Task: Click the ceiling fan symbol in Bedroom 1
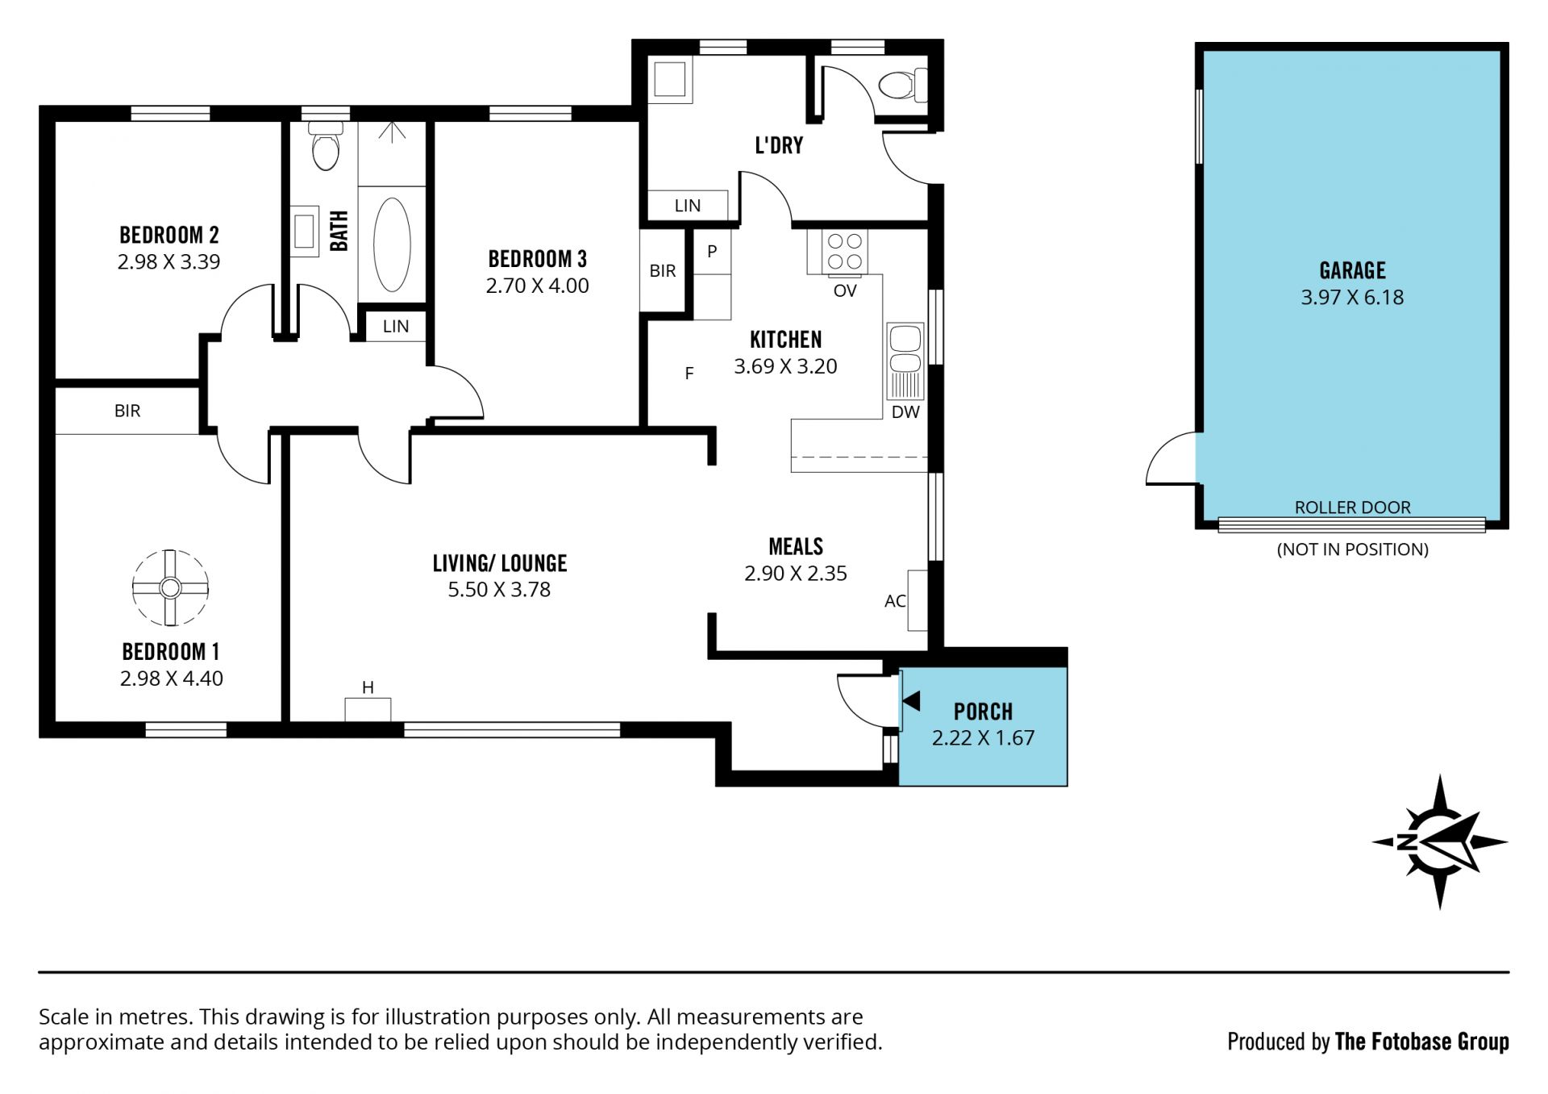(x=170, y=587)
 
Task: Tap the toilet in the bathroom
(x=326, y=145)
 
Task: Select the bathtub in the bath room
(x=393, y=244)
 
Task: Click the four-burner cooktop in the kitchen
(x=845, y=251)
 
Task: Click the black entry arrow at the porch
(x=912, y=701)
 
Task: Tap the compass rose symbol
(x=1440, y=842)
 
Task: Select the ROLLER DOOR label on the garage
(x=1352, y=507)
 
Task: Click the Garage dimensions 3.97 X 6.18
(x=1352, y=297)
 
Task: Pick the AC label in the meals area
(x=895, y=601)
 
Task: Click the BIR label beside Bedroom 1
(x=127, y=411)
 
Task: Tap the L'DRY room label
(x=779, y=145)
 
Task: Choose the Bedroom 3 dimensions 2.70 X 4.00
(x=537, y=286)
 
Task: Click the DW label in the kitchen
(x=905, y=411)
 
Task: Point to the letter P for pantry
(x=712, y=251)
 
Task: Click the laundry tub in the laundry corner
(x=670, y=80)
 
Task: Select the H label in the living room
(x=368, y=687)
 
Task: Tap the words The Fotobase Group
(x=1421, y=1042)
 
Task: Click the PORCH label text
(x=983, y=712)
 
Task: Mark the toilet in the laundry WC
(x=902, y=85)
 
